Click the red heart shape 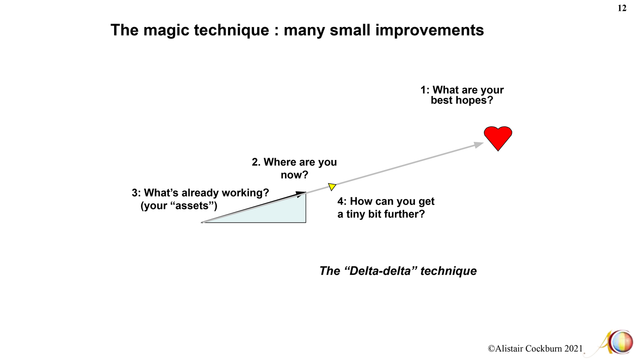[498, 138]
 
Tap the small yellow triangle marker [332, 187]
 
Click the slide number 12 [622, 8]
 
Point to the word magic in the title [166, 30]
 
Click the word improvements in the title [429, 30]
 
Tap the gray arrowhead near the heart [479, 145]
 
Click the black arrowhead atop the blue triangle [301, 194]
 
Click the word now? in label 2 [294, 174]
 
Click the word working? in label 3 [246, 193]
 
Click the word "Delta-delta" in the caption [381, 270]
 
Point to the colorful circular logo [621, 342]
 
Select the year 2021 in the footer [574, 349]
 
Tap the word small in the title [350, 30]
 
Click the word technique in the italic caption [448, 271]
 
